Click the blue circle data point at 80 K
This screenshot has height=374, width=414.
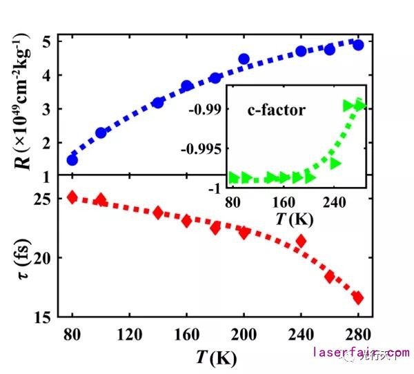click(72, 159)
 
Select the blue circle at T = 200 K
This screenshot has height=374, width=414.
click(244, 59)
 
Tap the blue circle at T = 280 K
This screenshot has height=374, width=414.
click(358, 45)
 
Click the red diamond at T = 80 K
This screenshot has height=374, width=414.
click(72, 197)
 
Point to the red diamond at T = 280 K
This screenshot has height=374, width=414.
click(358, 297)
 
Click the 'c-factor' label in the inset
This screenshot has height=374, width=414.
click(275, 110)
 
